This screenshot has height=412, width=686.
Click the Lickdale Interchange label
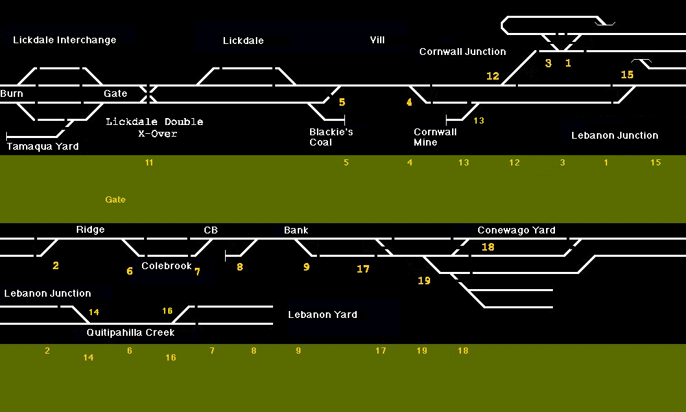[x=64, y=40]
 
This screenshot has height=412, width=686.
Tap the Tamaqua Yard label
[x=43, y=146]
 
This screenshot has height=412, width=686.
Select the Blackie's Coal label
[x=331, y=137]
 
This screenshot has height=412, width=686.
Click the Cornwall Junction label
[x=462, y=51]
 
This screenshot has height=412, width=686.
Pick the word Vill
[x=377, y=40]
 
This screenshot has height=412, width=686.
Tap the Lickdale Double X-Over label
[x=154, y=127]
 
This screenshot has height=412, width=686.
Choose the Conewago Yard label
[x=516, y=230]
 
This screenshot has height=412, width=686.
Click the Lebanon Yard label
[x=322, y=314]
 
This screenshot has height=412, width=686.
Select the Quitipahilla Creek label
[x=130, y=332]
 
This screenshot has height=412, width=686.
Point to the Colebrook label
[x=167, y=266]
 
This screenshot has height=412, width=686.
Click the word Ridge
[x=91, y=229]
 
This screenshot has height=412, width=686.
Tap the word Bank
[x=296, y=230]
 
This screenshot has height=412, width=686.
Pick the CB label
[x=211, y=230]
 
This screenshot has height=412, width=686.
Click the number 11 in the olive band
[x=149, y=163]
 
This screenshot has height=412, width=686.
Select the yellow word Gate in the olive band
[x=115, y=200]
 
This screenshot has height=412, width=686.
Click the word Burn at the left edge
[x=12, y=93]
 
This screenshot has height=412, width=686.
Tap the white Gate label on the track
[x=115, y=93]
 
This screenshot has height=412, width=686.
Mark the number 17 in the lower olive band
[x=381, y=351]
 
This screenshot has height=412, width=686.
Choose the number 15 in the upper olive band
[x=656, y=163]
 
